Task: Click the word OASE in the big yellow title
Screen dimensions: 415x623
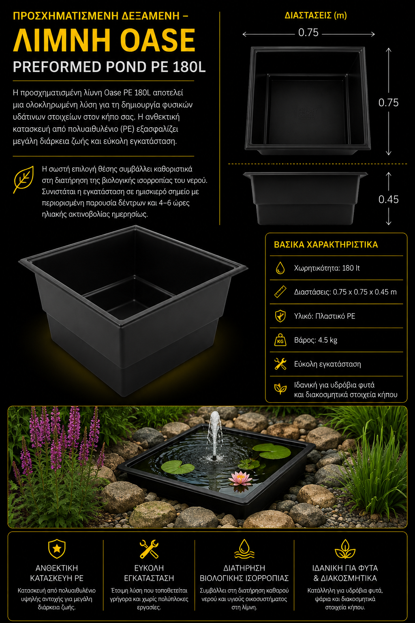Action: pyautogui.click(x=158, y=40)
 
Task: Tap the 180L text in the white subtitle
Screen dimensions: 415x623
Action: pyautogui.click(x=189, y=67)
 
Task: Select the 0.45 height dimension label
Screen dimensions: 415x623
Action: pyautogui.click(x=388, y=200)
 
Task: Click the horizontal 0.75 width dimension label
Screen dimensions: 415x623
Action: pyautogui.click(x=308, y=32)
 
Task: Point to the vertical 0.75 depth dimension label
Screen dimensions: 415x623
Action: pyautogui.click(x=388, y=103)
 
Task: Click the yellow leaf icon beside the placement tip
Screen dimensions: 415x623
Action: pyautogui.click(x=24, y=179)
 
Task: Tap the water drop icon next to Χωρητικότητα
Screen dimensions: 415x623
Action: pyautogui.click(x=280, y=268)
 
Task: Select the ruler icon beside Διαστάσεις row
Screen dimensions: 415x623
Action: pyautogui.click(x=280, y=292)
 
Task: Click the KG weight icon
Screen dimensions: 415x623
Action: pyautogui.click(x=280, y=340)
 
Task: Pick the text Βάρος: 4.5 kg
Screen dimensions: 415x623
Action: pyautogui.click(x=315, y=340)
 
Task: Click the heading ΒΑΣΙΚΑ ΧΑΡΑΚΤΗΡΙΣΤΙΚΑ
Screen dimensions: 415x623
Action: pyautogui.click(x=326, y=245)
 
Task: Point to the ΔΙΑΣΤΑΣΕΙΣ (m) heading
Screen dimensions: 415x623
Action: pyautogui.click(x=315, y=15)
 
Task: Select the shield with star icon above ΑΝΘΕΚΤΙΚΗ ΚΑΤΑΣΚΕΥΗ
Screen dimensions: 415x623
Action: pyautogui.click(x=57, y=549)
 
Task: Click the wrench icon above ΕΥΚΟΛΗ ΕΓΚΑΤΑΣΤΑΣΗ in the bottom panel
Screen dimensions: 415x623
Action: pyautogui.click(x=149, y=549)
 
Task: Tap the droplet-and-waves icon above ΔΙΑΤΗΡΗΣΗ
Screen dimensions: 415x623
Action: pyautogui.click(x=244, y=549)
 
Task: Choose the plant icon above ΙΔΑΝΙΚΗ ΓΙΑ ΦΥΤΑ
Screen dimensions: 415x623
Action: pyautogui.click(x=345, y=549)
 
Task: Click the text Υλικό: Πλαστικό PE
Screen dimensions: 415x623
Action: pyautogui.click(x=325, y=316)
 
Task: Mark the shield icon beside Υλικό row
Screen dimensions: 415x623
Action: pyautogui.click(x=280, y=316)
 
